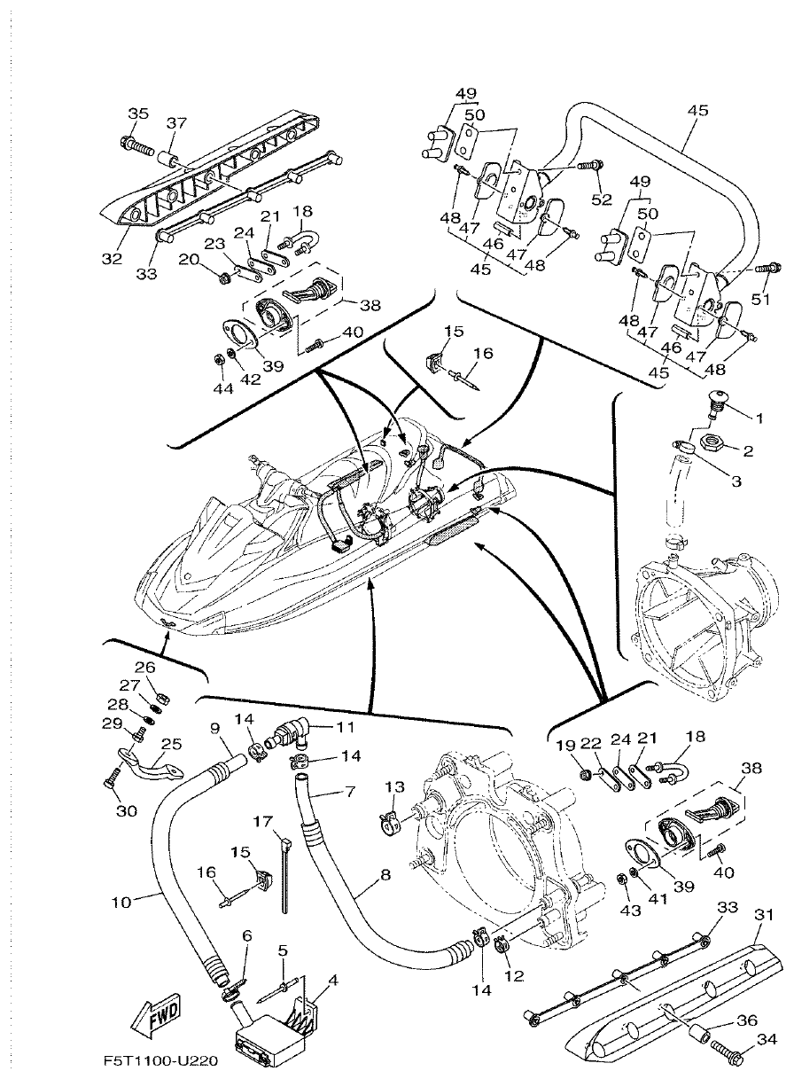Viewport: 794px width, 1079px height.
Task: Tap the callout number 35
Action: pos(138,113)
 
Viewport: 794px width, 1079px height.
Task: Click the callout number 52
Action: pos(602,200)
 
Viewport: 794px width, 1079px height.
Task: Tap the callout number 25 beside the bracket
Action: pos(171,743)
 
